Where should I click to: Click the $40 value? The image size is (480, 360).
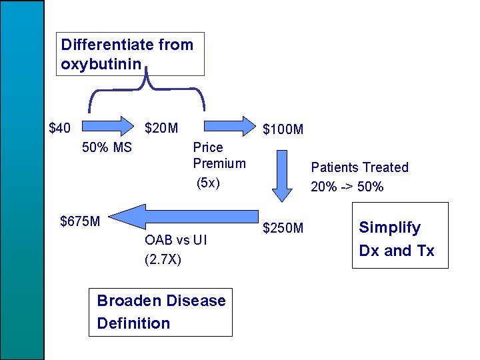(60, 127)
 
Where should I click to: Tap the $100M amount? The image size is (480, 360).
(283, 129)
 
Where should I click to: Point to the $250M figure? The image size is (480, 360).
(283, 229)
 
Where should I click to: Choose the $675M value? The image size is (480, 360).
(80, 221)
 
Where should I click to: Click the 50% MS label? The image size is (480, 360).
(107, 147)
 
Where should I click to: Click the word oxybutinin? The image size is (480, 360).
(100, 65)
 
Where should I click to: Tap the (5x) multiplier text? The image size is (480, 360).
(208, 183)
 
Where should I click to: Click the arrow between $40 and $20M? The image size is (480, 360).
(111, 124)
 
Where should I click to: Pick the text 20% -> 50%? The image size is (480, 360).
(347, 187)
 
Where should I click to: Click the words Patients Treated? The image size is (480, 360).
(359, 167)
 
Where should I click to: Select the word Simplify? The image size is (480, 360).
(390, 227)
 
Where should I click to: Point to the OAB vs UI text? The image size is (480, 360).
(175, 240)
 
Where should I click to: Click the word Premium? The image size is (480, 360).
(219, 163)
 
